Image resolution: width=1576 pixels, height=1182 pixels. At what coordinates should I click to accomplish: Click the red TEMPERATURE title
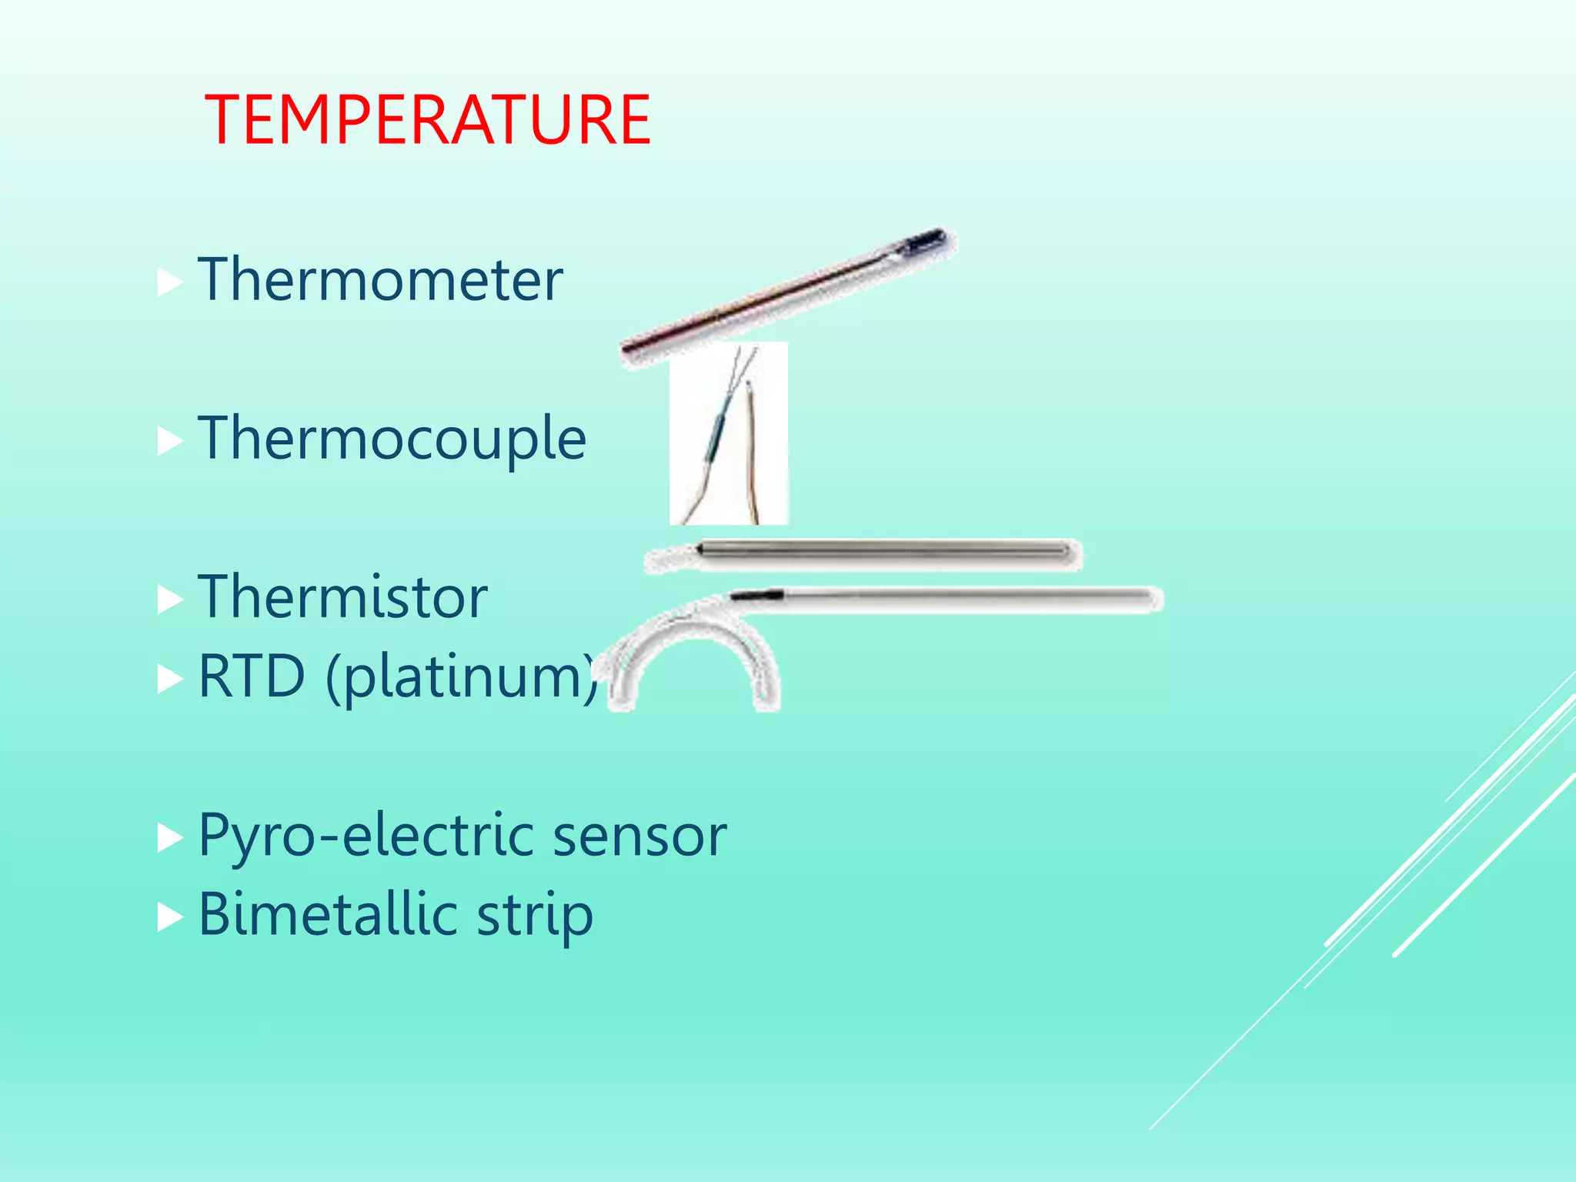point(428,120)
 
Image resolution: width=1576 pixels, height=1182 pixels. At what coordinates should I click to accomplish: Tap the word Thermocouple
point(392,438)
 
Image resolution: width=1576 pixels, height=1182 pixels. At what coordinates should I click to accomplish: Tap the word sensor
point(639,836)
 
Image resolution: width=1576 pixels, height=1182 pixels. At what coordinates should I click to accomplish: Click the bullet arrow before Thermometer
point(169,283)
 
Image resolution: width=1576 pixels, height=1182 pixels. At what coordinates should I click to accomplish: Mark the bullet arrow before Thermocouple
point(169,442)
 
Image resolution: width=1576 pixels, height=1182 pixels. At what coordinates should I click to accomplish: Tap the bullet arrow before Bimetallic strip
point(169,918)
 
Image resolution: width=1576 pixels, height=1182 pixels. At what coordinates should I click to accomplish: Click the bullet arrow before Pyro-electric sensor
point(169,839)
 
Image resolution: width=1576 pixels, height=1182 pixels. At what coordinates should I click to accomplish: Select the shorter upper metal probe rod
point(885,553)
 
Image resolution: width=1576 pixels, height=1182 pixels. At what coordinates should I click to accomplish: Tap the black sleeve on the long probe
point(756,595)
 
